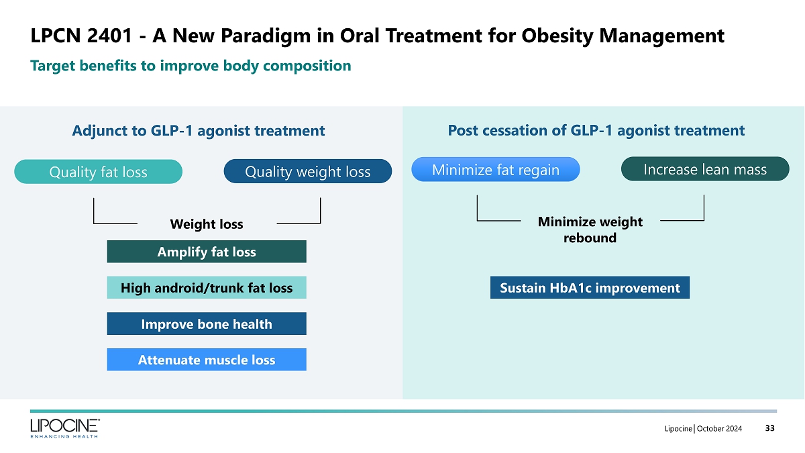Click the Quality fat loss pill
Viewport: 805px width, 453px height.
pyautogui.click(x=98, y=172)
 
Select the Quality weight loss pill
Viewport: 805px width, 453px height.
pyautogui.click(x=307, y=172)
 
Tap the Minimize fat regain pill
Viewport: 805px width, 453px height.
pyautogui.click(x=495, y=170)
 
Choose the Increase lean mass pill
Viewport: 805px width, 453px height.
pyautogui.click(x=704, y=169)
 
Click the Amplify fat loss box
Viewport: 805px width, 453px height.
pyautogui.click(x=207, y=252)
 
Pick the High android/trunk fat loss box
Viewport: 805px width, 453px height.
pyautogui.click(x=207, y=288)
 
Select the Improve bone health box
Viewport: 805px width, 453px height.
pyautogui.click(x=207, y=324)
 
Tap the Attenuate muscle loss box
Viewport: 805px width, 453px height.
pyautogui.click(x=207, y=360)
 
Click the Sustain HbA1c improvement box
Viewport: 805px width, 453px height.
pyautogui.click(x=590, y=288)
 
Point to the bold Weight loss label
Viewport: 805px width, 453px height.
pyautogui.click(x=207, y=224)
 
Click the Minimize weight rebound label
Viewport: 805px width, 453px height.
pyautogui.click(x=590, y=230)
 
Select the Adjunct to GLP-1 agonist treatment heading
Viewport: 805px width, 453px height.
pyautogui.click(x=199, y=131)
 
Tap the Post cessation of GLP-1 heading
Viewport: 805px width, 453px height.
pyautogui.click(x=596, y=131)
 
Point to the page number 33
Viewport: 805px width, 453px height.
pyautogui.click(x=769, y=429)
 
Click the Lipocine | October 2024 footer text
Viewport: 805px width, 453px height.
pyautogui.click(x=703, y=429)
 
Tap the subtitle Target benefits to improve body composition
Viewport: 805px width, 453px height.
pyautogui.click(x=191, y=66)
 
